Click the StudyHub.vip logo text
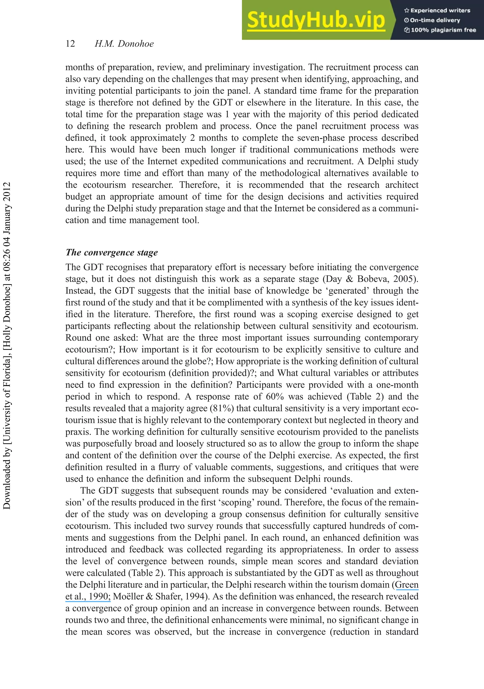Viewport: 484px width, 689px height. coord(316,20)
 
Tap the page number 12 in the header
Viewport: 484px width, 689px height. coord(70,44)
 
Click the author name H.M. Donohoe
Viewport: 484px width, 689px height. coord(124,44)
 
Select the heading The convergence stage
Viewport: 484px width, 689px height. coord(112,252)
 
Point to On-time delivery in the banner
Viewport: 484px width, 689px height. coord(435,20)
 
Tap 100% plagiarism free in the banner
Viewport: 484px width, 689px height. coord(443,30)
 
